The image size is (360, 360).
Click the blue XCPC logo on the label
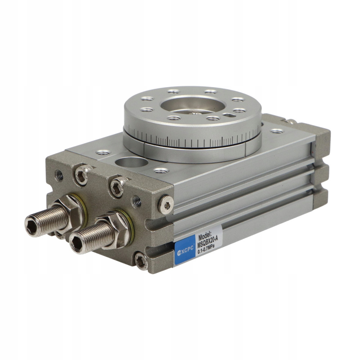coord(185,251)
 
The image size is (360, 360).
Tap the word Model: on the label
coord(206,237)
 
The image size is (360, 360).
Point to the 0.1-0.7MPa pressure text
coord(206,250)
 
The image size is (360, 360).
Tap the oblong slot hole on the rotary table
coord(229,115)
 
